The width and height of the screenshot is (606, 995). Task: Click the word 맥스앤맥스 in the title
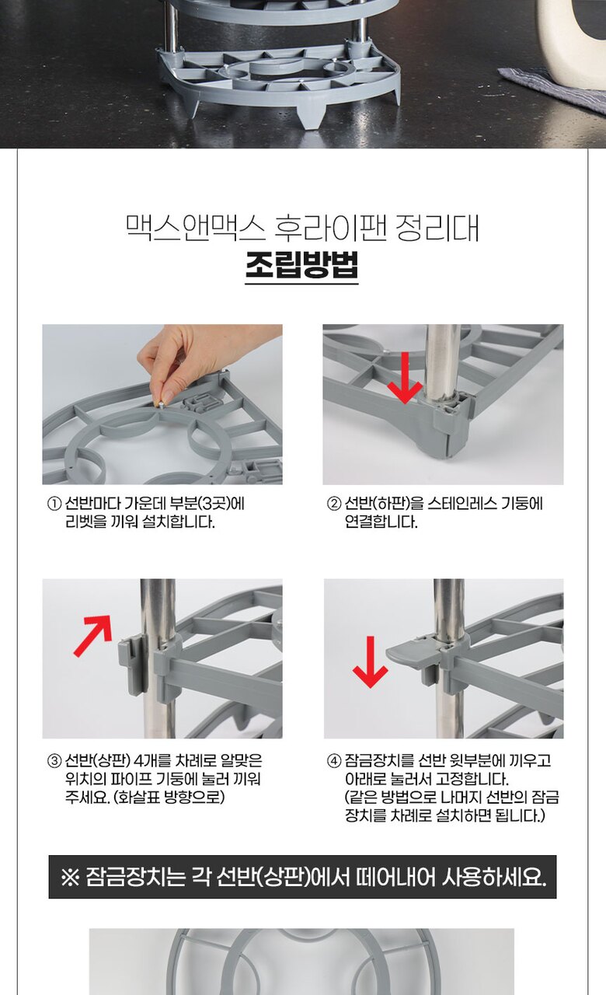point(195,229)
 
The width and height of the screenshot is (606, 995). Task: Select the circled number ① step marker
point(54,504)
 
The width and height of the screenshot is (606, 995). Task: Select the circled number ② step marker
point(334,504)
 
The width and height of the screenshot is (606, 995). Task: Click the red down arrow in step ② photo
point(405,378)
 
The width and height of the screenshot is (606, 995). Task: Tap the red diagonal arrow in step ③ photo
point(92,635)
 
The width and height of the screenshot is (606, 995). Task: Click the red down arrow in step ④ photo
point(371,662)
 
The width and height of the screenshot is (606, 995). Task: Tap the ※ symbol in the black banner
point(70,878)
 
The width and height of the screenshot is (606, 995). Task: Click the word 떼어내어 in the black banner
point(395,877)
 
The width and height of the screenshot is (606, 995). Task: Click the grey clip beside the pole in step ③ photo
point(133,663)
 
